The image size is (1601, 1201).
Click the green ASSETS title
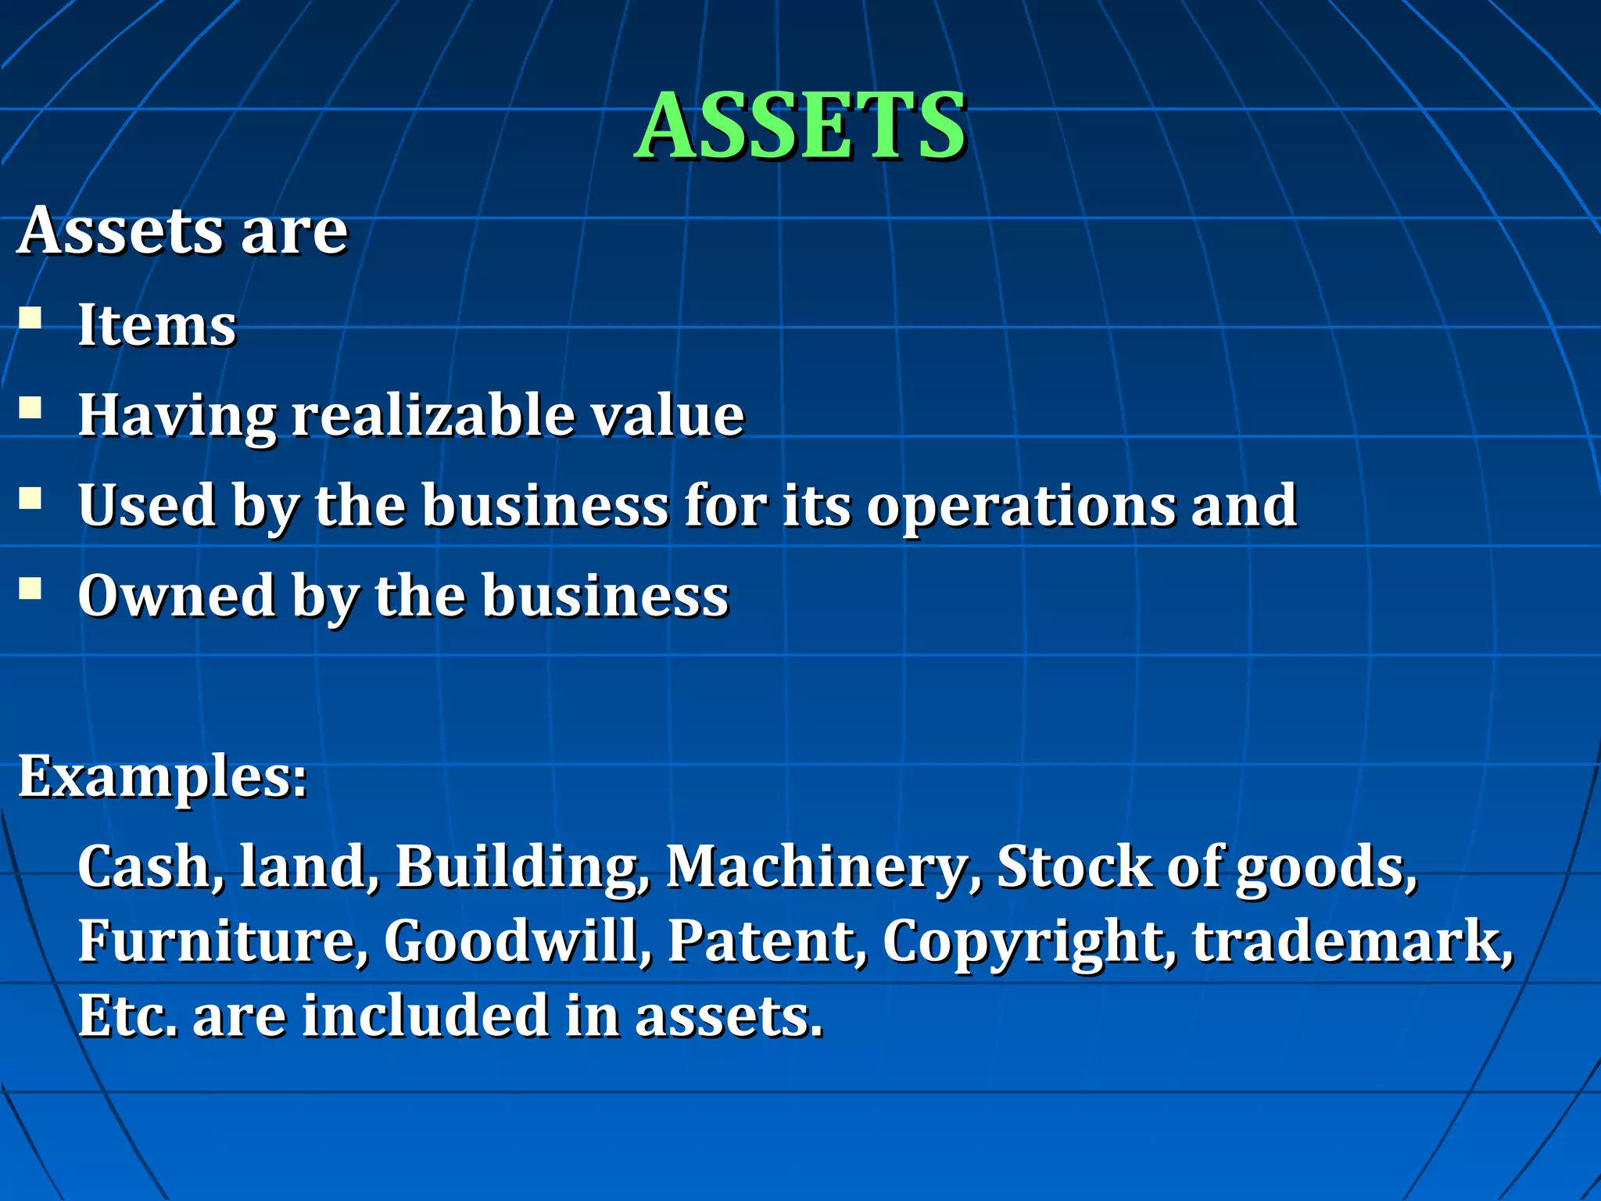coord(800,125)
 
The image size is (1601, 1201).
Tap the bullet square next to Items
coord(30,318)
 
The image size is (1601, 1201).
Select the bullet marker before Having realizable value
coord(30,408)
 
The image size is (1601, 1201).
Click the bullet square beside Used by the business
coord(30,498)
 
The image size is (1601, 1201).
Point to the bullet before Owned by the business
coord(30,588)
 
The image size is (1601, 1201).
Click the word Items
coord(156,324)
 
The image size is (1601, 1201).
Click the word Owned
coord(177,596)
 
